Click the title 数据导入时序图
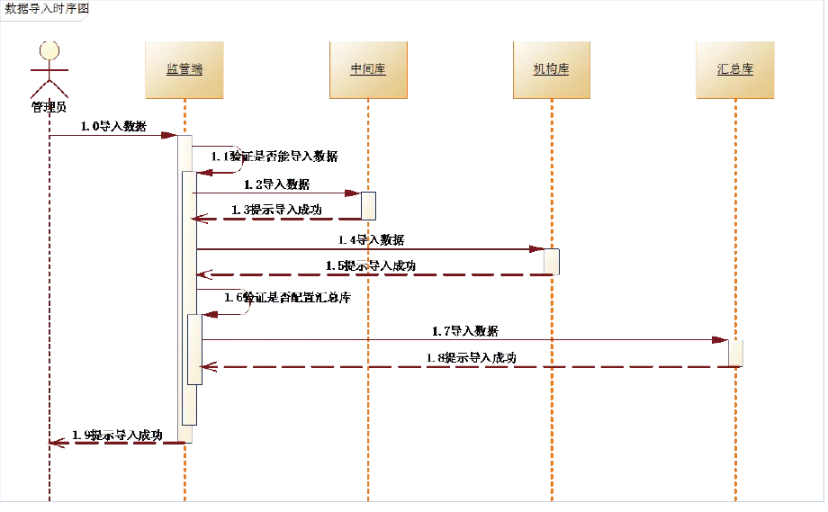pyautogui.click(x=47, y=10)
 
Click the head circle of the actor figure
pyautogui.click(x=49, y=50)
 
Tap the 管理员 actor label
pyautogui.click(x=49, y=108)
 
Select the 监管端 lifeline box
pyautogui.click(x=184, y=68)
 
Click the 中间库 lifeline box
pyautogui.click(x=368, y=68)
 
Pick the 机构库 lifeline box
pyautogui.click(x=551, y=68)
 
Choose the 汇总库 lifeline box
pyautogui.click(x=735, y=68)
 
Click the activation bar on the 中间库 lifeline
pyautogui.click(x=368, y=205)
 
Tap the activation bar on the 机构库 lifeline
pyautogui.click(x=551, y=262)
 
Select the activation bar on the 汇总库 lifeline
pyautogui.click(x=735, y=352)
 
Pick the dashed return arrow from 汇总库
pyautogui.click(x=468, y=367)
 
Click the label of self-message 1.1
pyautogui.click(x=274, y=157)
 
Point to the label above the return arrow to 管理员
pyautogui.click(x=117, y=433)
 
